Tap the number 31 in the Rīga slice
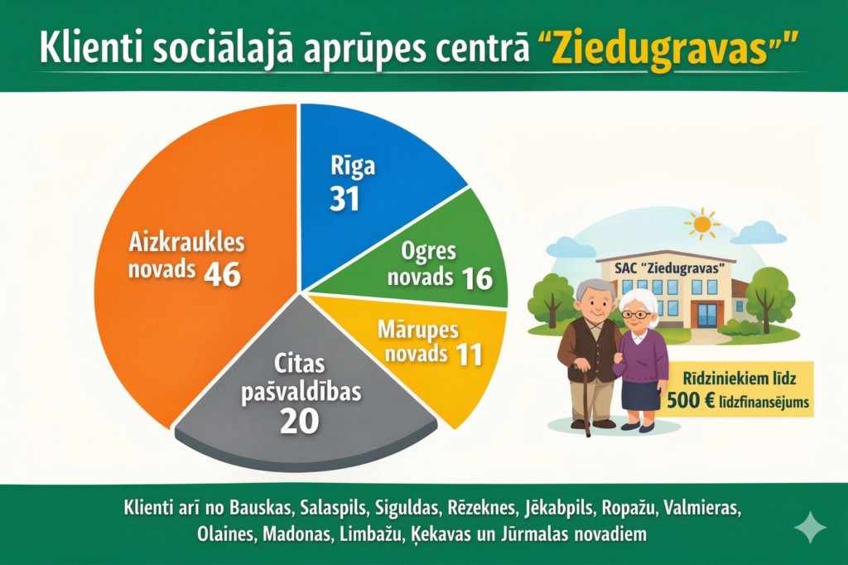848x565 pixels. pos(344,199)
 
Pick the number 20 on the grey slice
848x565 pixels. pos(299,420)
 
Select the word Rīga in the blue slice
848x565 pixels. pos(352,165)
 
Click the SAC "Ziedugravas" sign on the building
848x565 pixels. pos(665,270)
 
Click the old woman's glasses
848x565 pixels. pos(638,314)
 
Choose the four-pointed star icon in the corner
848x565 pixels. pos(809,527)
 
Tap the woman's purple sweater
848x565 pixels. pos(643,353)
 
